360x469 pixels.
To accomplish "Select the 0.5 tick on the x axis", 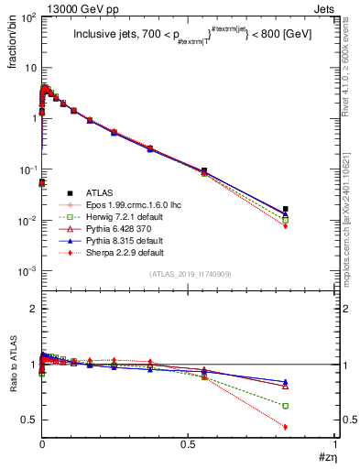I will pos(189,448).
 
